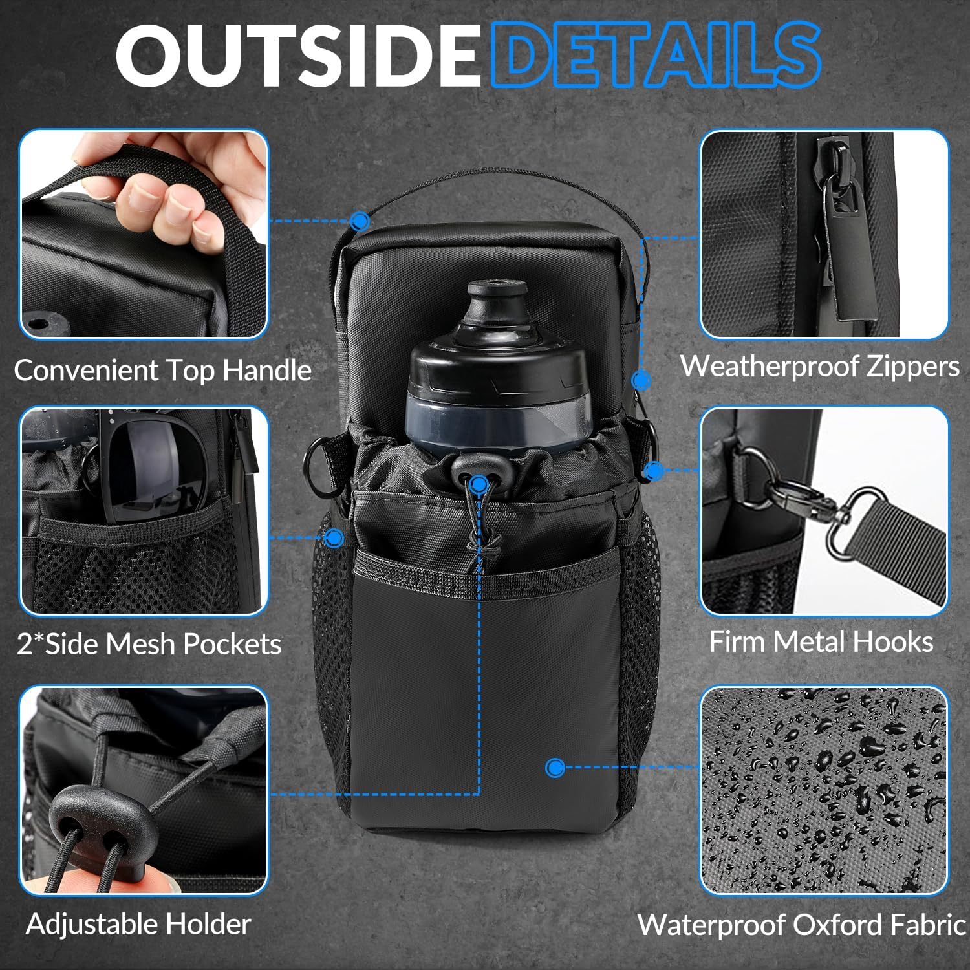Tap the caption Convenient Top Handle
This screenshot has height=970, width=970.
[163, 371]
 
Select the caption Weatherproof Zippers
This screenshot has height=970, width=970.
[819, 366]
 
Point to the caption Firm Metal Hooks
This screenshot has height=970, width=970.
[821, 642]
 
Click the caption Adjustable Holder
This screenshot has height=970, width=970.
[138, 924]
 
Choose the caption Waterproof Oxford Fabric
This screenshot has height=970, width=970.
[802, 925]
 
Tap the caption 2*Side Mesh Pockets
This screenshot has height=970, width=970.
[149, 644]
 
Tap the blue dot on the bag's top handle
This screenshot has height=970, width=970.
[360, 222]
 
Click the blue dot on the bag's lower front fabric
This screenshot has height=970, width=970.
[555, 768]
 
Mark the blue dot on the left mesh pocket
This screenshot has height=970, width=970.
[334, 537]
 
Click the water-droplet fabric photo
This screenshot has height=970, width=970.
[824, 790]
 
